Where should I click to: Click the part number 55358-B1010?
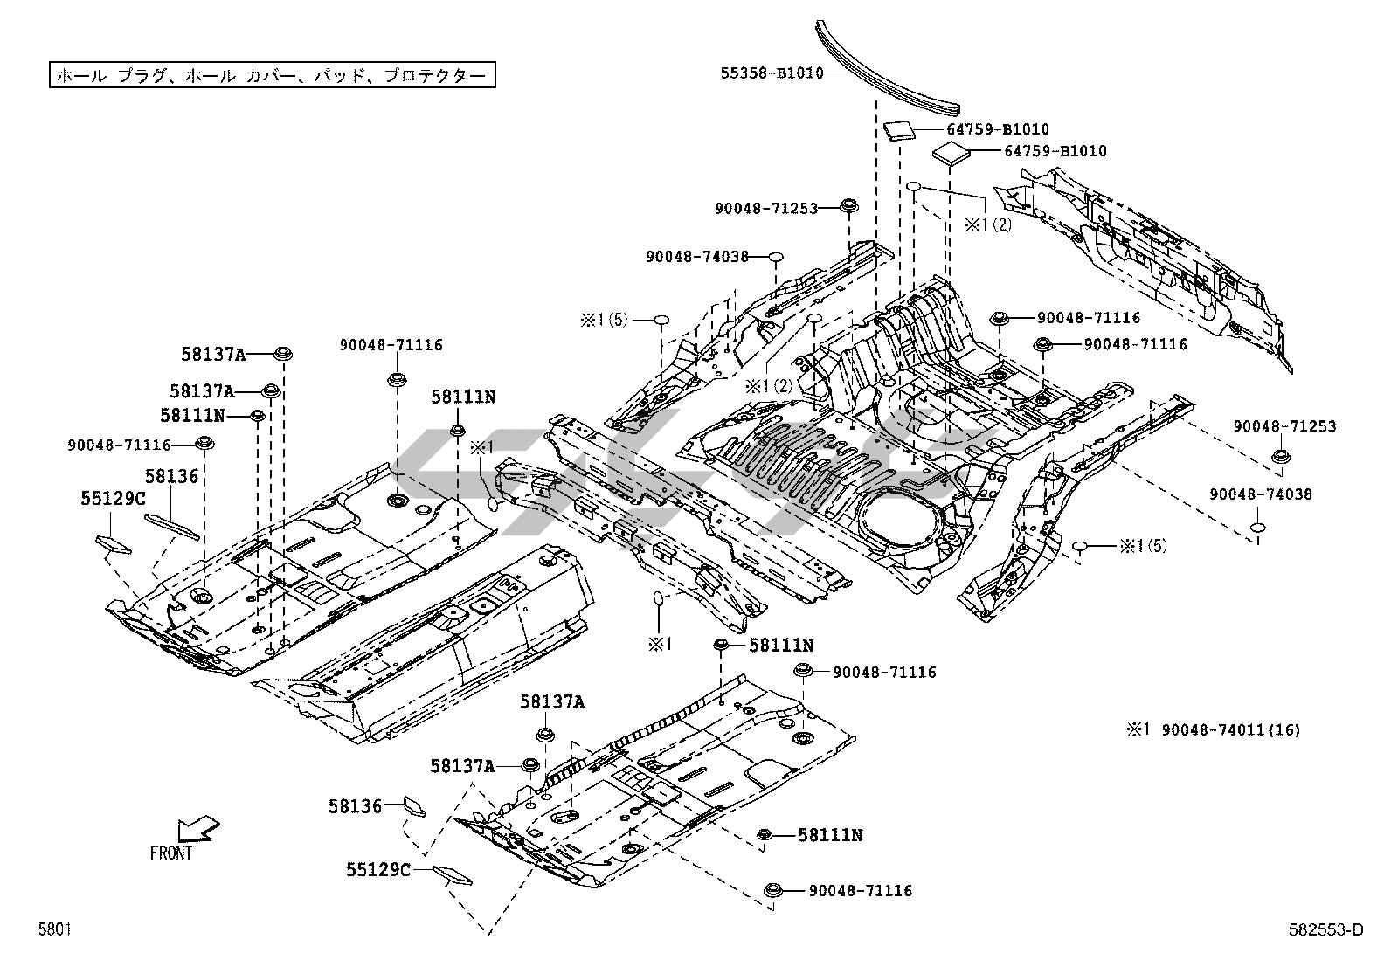tap(772, 73)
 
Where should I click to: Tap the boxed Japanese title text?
tap(271, 75)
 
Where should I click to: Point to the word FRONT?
tap(171, 853)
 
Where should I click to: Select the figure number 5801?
tap(54, 930)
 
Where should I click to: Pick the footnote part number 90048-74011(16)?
tap(1230, 729)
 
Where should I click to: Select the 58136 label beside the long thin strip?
tap(171, 476)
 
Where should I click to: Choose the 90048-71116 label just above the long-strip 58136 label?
tap(119, 445)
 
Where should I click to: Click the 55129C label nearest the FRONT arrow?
tap(378, 869)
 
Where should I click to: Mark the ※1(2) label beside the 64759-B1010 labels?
tap(987, 224)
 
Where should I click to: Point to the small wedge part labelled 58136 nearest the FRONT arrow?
tap(412, 805)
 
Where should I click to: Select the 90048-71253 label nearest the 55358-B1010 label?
tap(765, 208)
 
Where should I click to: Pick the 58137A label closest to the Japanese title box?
tap(213, 354)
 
